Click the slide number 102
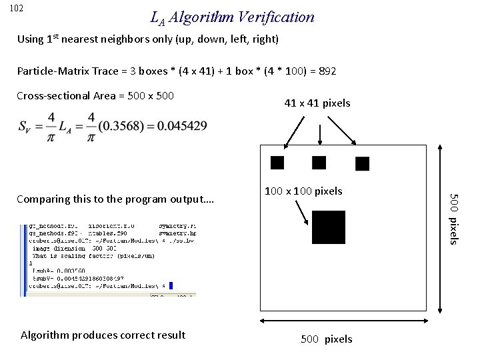[x=17, y=8]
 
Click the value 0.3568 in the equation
[x=119, y=126]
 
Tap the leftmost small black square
[x=277, y=162]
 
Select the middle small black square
[x=319, y=162]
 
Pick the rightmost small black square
[x=363, y=163]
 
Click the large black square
[x=328, y=227]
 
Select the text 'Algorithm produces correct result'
[x=103, y=335]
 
